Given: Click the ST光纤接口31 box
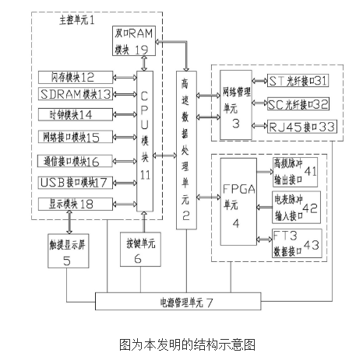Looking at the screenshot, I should [x=298, y=80].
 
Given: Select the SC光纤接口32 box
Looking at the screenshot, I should [x=298, y=103].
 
